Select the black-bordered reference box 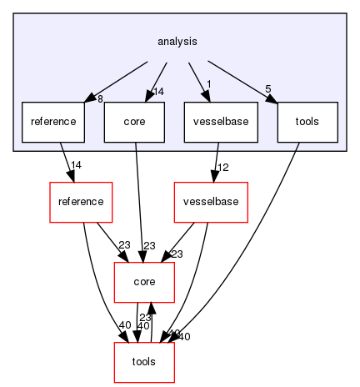point(52,122)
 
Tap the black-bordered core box point(134,122)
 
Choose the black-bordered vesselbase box point(221,122)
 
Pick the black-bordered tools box point(307,122)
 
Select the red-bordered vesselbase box point(210,202)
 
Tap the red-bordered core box point(143,282)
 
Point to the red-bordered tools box point(143,362)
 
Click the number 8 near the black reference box point(99,99)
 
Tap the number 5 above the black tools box point(267,89)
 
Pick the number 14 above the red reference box point(75,164)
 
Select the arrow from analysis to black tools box point(242,79)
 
